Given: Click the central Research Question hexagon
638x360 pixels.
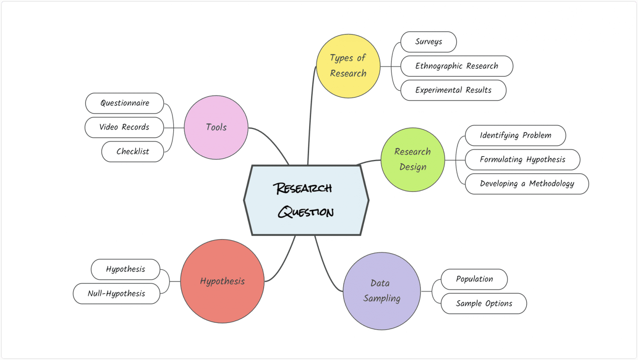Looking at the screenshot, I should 306,200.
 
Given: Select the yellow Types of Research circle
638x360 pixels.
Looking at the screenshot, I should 348,66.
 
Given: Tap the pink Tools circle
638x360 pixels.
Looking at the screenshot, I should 216,127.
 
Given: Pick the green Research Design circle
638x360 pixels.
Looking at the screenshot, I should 412,159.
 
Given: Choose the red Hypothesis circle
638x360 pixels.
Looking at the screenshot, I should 222,281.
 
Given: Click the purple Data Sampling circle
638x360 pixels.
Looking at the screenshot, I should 381,291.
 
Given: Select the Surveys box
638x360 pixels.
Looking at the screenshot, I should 429,42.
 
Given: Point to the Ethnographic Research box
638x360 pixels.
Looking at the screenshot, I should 456,66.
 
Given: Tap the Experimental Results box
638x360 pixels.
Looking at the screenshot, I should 453,90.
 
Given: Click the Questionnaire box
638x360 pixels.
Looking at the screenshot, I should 125,103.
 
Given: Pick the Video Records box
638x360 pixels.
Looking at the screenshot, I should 124,127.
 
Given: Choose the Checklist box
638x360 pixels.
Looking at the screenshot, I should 133,152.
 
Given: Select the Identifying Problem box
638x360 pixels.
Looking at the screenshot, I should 515,135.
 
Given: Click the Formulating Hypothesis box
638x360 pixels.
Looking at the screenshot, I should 523,159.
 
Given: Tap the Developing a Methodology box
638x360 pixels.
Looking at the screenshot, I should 527,184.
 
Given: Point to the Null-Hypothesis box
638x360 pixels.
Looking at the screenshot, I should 116,294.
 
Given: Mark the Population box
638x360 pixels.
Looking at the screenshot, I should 474,279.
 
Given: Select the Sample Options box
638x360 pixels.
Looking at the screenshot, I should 483,304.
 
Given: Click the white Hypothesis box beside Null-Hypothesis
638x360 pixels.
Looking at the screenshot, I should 125,269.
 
